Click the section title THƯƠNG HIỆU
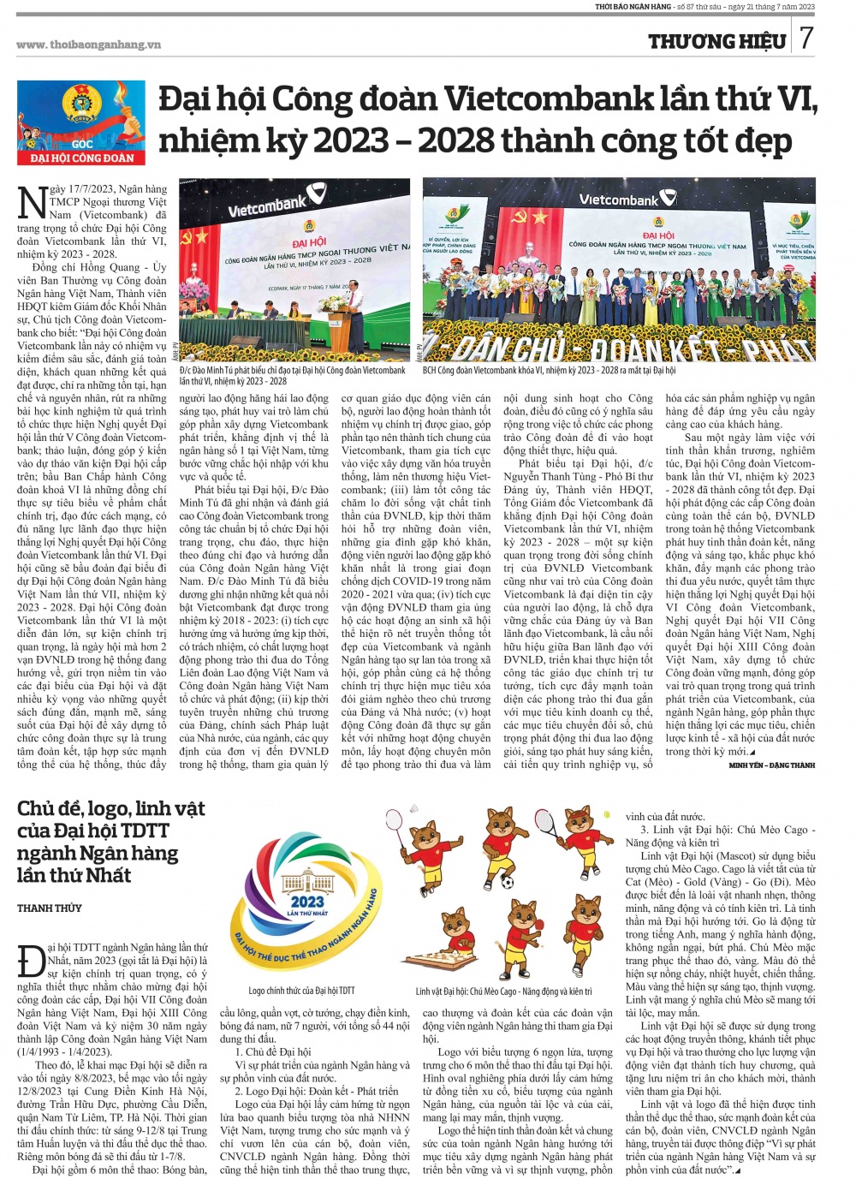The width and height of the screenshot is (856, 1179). pos(716,41)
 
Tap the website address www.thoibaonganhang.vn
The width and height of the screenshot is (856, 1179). pos(88,45)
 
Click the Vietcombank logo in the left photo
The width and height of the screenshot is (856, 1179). pos(267,206)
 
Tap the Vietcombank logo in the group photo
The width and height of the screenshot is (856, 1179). pos(618,199)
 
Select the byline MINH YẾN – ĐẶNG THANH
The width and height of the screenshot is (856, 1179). pos(771,765)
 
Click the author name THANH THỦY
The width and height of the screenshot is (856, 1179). pos(50,908)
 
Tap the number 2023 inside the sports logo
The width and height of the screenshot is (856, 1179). pos(306,901)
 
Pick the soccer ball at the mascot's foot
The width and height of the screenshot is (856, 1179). pos(507,881)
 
